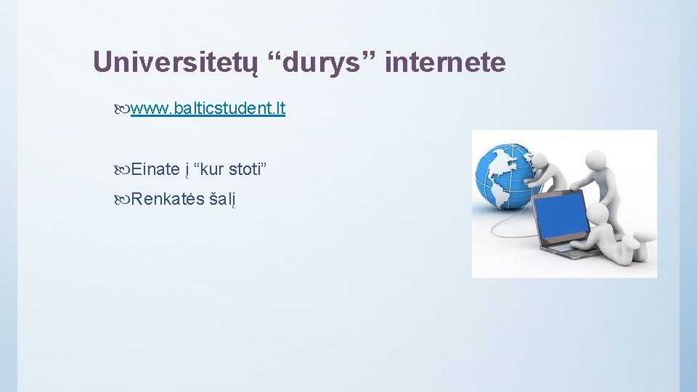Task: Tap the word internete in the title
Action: (445, 62)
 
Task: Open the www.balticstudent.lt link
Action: (208, 109)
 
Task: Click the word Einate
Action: (155, 169)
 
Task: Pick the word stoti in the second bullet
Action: (247, 169)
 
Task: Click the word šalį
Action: (223, 199)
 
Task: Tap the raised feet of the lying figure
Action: (646, 235)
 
